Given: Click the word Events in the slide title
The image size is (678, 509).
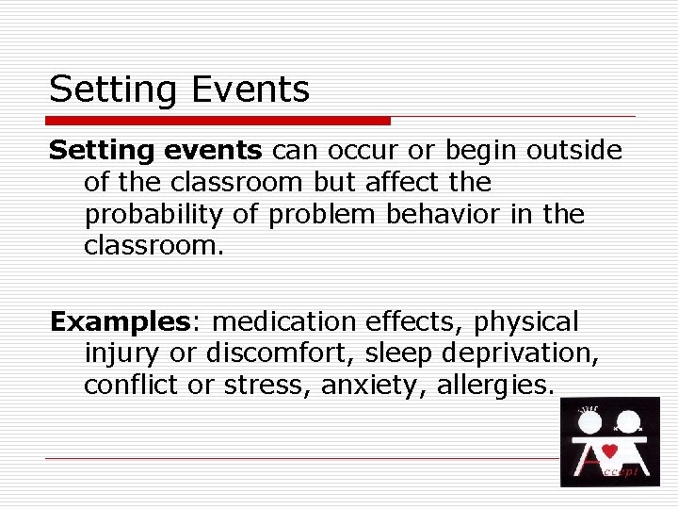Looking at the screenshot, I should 250,90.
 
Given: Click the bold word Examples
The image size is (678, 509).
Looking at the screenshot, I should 121,321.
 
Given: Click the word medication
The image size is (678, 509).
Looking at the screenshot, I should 285,321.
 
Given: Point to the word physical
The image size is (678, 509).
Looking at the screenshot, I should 526,321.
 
